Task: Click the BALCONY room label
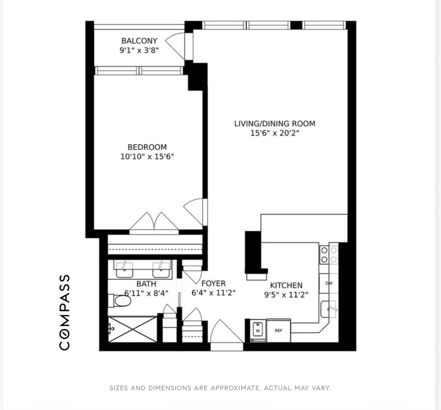coord(139,41)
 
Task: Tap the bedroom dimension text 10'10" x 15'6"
coord(147,156)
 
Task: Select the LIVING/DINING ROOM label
coord(274,123)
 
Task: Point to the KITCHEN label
coord(286,285)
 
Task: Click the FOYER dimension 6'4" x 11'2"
coord(213,293)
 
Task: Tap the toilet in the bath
coord(120,301)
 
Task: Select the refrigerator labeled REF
coord(279,330)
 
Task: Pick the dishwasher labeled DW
coord(329,283)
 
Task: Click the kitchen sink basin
coord(329,309)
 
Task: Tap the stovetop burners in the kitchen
coord(329,255)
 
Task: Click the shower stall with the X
coord(132,329)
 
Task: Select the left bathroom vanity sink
coord(124,270)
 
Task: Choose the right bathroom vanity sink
coord(161,270)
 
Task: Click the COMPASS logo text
coord(65,312)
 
